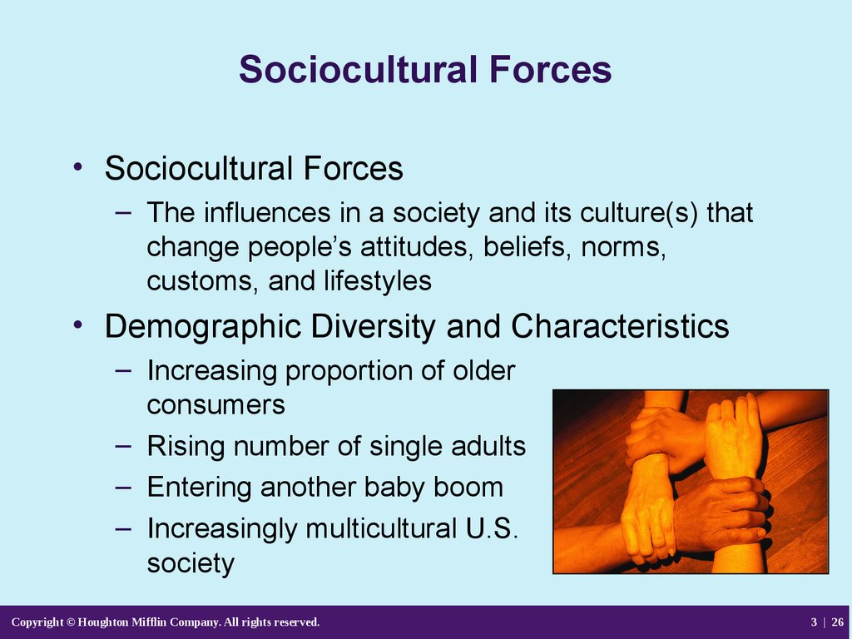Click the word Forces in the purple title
(550, 70)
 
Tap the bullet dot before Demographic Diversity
(78, 325)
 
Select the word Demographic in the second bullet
(203, 327)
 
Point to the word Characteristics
(620, 326)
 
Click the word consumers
(215, 405)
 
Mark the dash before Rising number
(123, 447)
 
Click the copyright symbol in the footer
(71, 622)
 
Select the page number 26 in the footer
(837, 622)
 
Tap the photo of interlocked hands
(691, 482)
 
